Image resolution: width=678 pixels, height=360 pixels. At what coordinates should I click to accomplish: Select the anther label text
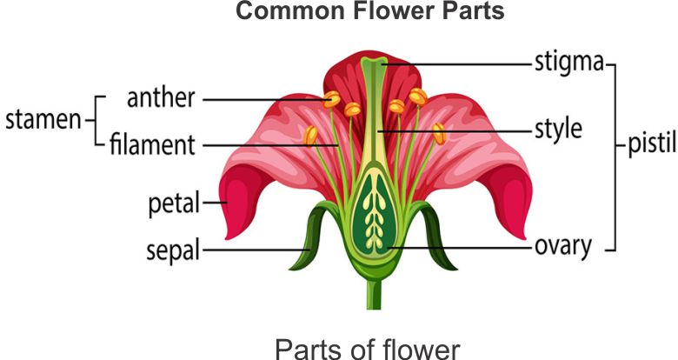[x=163, y=97]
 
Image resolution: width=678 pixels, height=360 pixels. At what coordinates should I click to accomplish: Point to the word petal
[x=173, y=205]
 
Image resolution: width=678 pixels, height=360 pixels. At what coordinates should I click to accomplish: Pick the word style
[x=557, y=130]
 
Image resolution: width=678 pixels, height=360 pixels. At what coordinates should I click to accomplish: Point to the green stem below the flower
[x=374, y=291]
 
